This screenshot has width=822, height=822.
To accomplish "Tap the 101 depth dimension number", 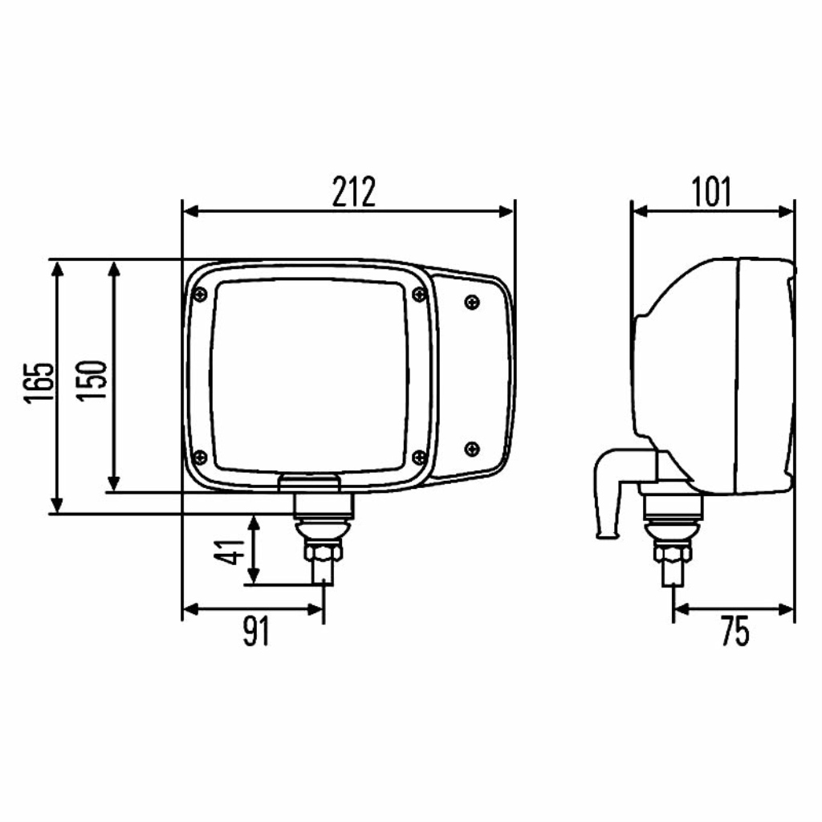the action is coord(711,192).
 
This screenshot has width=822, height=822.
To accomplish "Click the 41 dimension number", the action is coord(230,552).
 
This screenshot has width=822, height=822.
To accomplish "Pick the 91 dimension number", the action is coord(256,631).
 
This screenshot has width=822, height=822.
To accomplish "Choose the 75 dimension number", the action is coord(735,631).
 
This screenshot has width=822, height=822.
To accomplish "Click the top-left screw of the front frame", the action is coord(200,295).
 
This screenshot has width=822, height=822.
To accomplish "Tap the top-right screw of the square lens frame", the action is coord(419,294).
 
